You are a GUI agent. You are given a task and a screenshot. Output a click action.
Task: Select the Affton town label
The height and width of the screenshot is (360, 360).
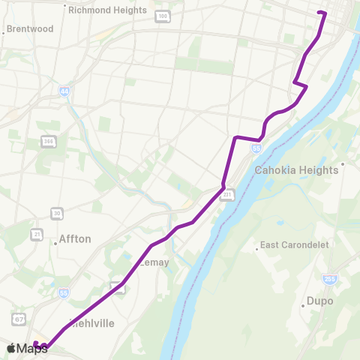(x=75, y=239)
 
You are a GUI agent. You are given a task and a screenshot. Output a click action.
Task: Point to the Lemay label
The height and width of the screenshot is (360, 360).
(x=155, y=262)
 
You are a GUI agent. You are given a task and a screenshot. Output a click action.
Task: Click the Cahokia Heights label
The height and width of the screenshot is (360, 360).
(x=297, y=170)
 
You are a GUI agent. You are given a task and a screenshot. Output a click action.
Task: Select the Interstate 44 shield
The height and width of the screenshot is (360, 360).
(x=65, y=91)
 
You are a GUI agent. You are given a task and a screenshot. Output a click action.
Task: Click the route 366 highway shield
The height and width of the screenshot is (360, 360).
(x=48, y=141)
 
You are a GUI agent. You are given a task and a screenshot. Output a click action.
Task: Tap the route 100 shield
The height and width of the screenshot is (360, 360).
(x=162, y=16)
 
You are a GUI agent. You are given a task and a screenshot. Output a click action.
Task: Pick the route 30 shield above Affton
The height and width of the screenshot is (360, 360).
(x=57, y=214)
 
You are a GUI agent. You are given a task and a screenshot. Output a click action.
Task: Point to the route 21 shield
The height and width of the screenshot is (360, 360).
(x=37, y=235)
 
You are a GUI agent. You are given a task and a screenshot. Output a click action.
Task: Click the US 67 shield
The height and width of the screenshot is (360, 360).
(x=20, y=319)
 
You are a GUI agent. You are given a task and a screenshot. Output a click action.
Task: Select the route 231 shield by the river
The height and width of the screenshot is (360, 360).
(x=228, y=195)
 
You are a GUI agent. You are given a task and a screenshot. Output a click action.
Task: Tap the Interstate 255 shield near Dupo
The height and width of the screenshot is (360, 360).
(x=329, y=279)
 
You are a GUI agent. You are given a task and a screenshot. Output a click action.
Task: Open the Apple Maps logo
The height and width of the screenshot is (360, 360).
(x=26, y=348)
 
